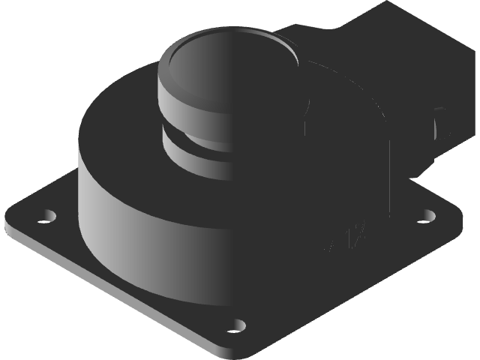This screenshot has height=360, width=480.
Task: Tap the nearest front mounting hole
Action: [237, 325]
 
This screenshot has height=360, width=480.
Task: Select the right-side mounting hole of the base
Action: [427, 215]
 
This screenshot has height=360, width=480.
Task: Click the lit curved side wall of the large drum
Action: [112, 225]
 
